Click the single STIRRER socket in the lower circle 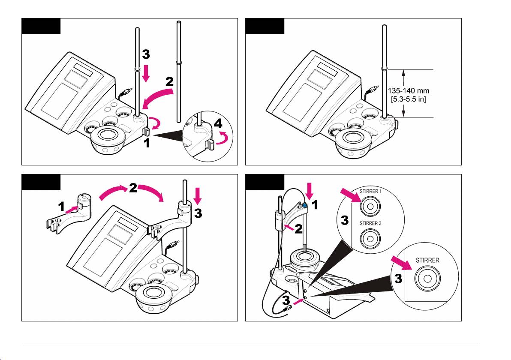[426, 278]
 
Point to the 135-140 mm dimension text [412, 91]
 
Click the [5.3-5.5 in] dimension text [412, 99]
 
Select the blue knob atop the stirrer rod [304, 206]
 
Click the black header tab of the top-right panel [264, 26]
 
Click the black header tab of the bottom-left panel [41, 182]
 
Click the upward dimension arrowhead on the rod [403, 73]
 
